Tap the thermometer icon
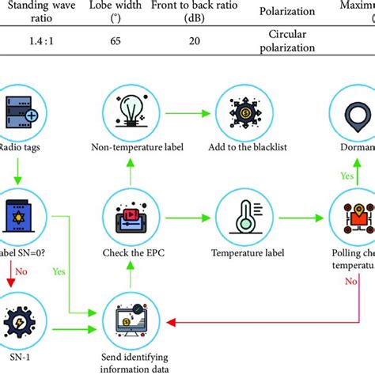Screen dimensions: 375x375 (x=237, y=218)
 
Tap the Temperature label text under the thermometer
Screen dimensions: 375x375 (x=237, y=253)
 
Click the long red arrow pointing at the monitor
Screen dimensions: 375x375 (x=261, y=321)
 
